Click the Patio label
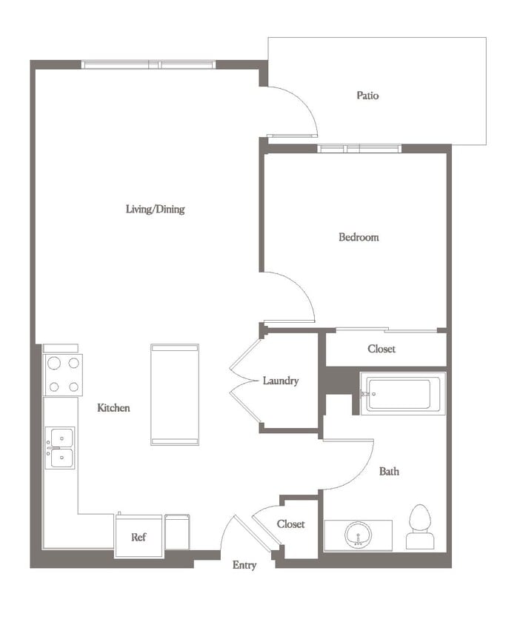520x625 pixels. (x=367, y=96)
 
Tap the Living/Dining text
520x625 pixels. (x=155, y=210)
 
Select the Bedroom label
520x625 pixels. (x=359, y=238)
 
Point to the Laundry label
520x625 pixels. (x=281, y=381)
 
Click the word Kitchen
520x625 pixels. (x=113, y=408)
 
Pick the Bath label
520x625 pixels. (x=389, y=471)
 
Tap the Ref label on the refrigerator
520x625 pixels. (x=138, y=538)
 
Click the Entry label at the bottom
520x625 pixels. (x=244, y=565)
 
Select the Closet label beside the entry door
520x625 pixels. (x=290, y=524)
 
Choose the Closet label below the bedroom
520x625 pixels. (x=381, y=349)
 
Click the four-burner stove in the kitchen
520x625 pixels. (x=63, y=375)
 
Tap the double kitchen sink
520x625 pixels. (x=60, y=448)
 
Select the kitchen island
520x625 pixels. (x=175, y=394)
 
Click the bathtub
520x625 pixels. (x=404, y=394)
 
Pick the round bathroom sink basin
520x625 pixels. (x=359, y=534)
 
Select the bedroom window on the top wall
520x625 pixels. (x=359, y=149)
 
